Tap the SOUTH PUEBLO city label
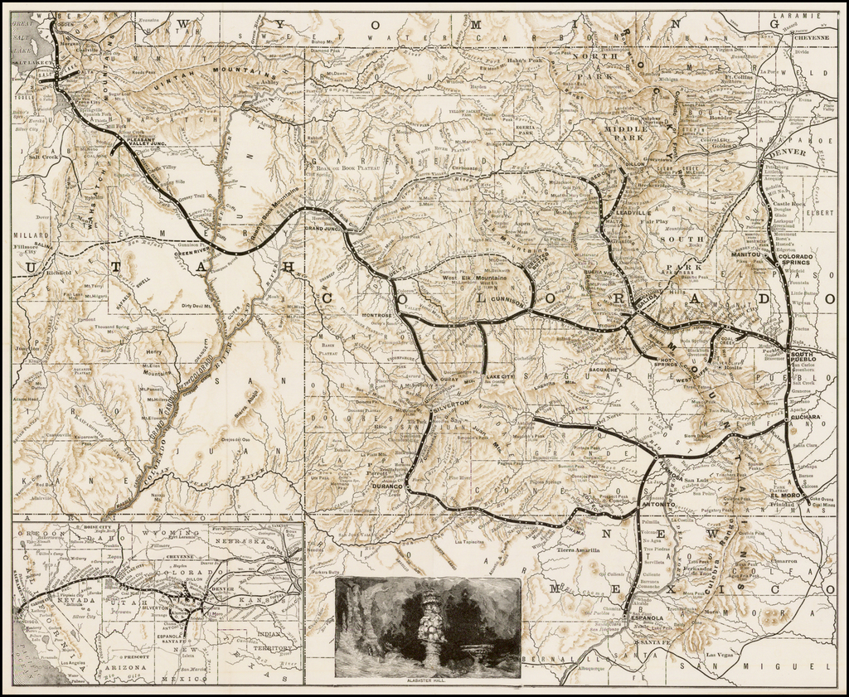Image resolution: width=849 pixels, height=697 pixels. click(803, 358)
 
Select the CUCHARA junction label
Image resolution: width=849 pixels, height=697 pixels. click(805, 417)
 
